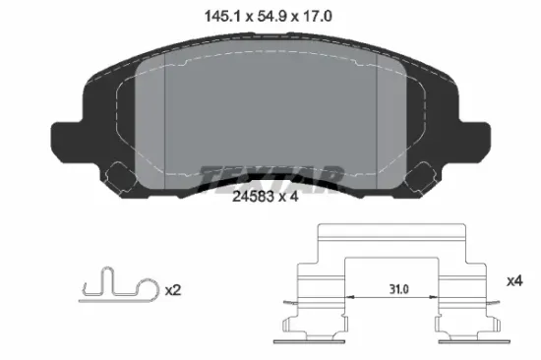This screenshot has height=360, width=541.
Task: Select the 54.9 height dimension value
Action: click(272, 16)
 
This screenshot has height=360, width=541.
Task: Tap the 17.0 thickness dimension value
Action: click(318, 16)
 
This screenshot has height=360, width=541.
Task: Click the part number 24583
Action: click(253, 197)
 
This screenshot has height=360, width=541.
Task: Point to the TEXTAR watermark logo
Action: click(271, 179)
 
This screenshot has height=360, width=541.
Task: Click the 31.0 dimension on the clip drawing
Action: click(399, 289)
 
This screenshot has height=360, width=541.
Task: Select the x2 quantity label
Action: click(173, 290)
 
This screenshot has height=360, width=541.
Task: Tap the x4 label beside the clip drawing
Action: click(514, 281)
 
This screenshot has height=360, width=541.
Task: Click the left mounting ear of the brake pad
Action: click(66, 142)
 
